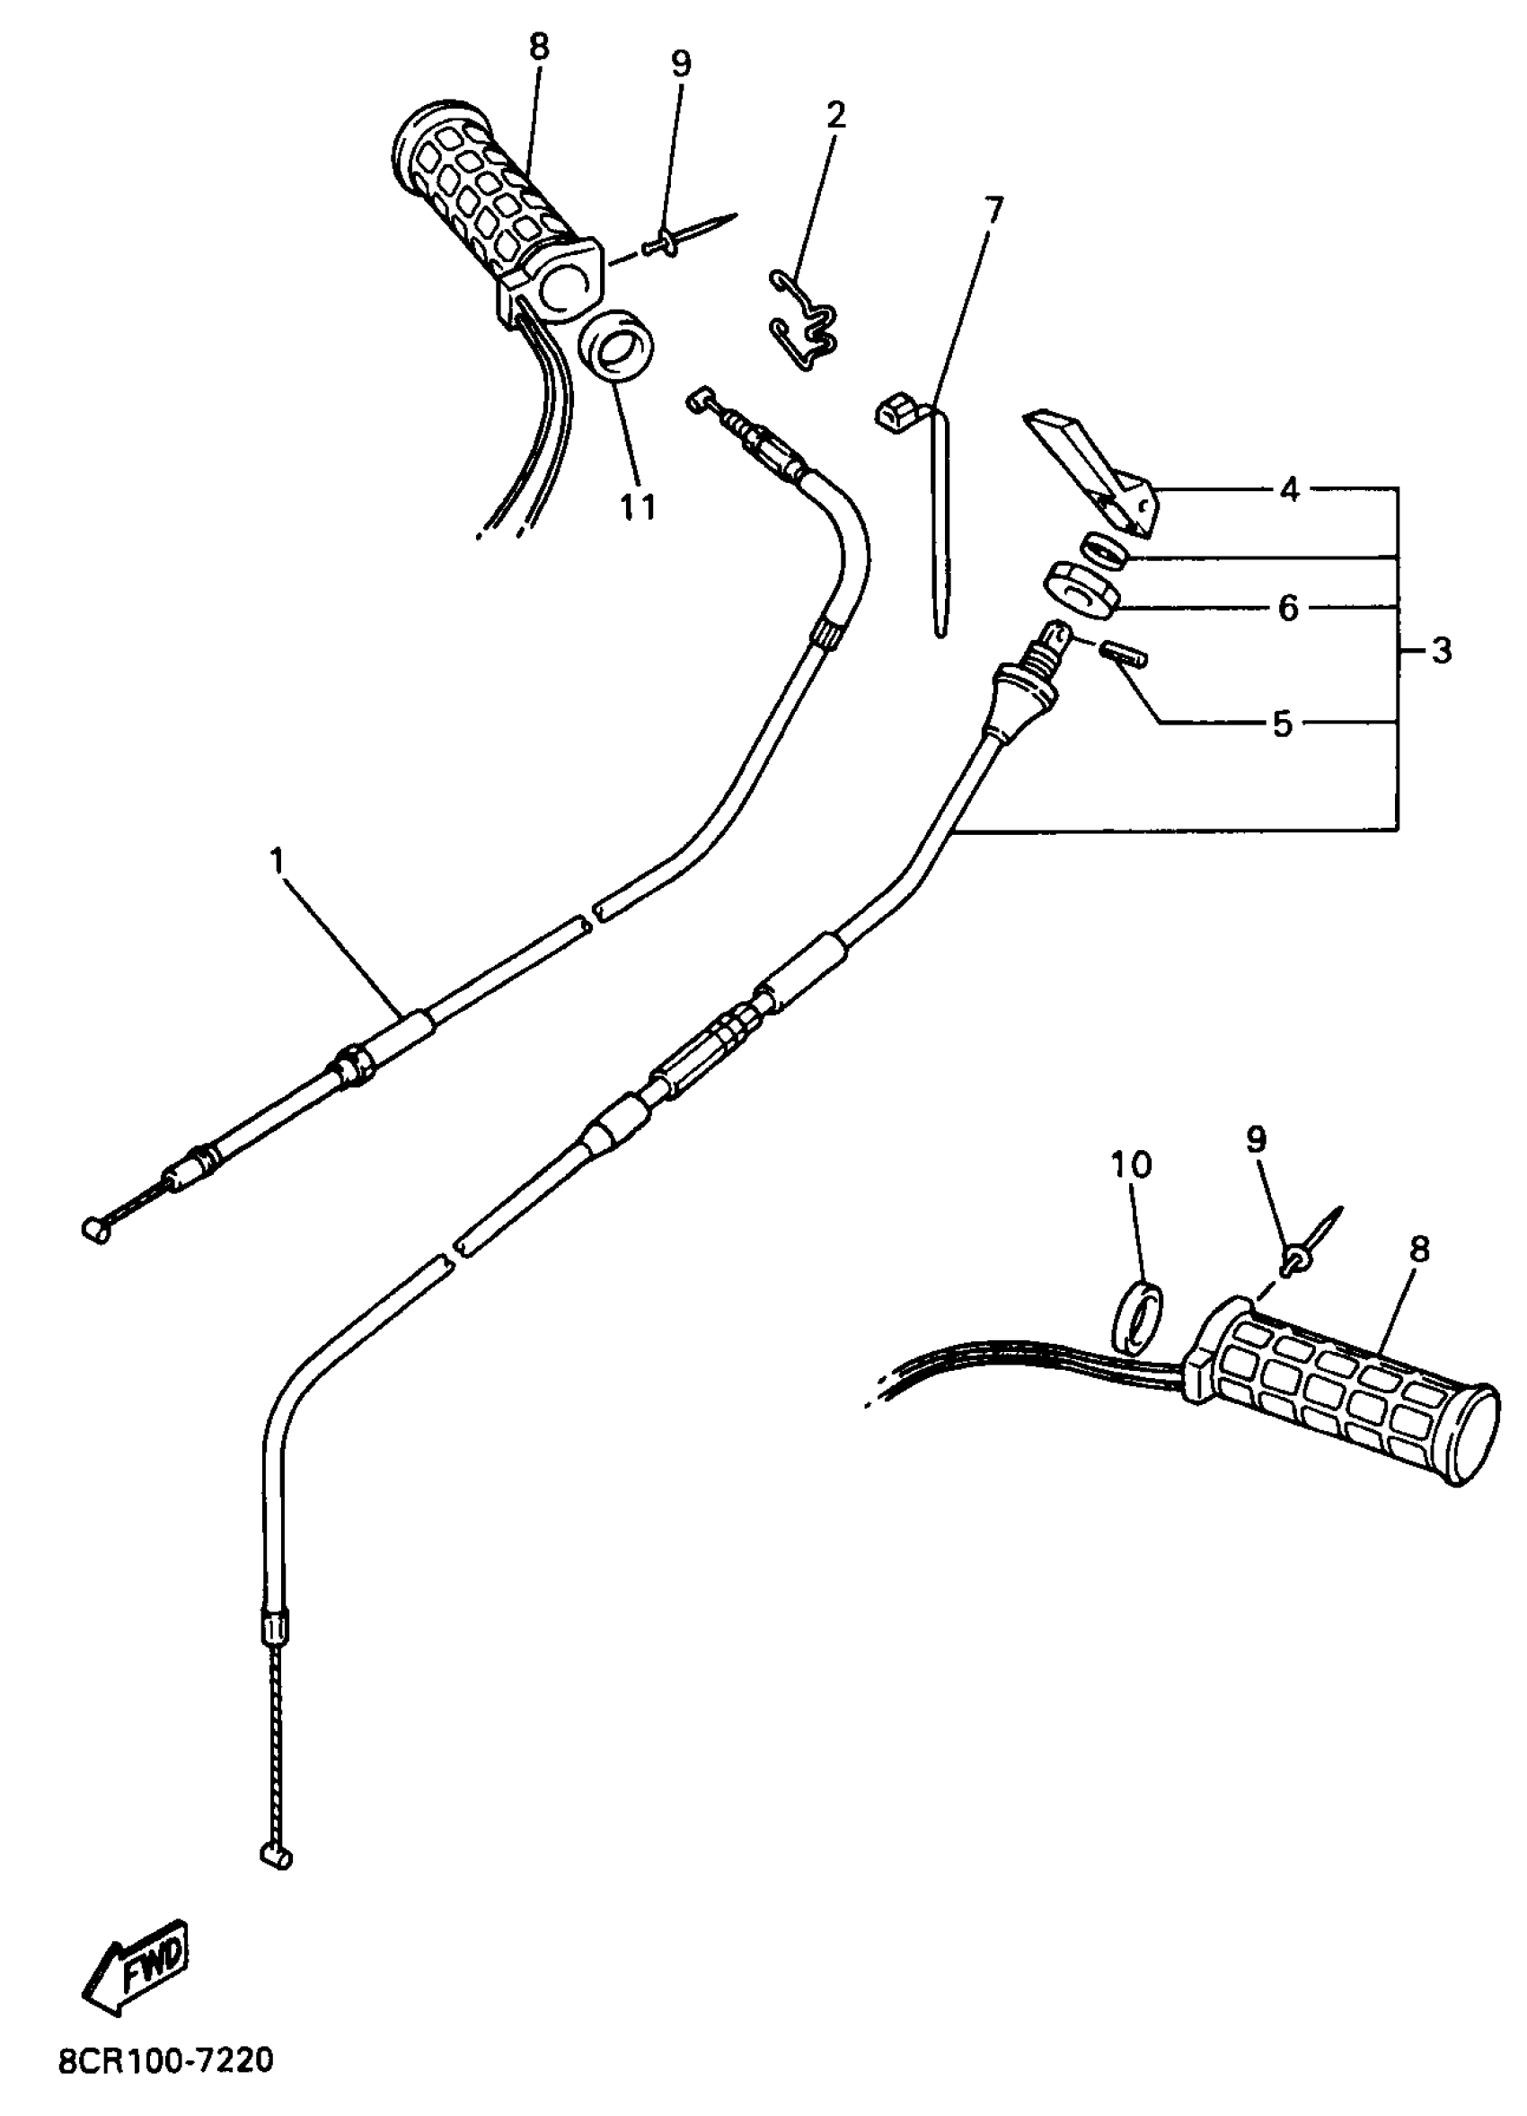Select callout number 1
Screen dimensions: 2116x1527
pyautogui.click(x=277, y=861)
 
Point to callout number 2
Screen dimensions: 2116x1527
pyautogui.click(x=834, y=115)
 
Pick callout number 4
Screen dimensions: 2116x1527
pyautogui.click(x=1289, y=489)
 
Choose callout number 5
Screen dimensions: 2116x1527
pyautogui.click(x=1283, y=723)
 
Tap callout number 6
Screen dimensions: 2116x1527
pyautogui.click(x=1288, y=609)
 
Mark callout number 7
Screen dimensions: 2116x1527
pyautogui.click(x=994, y=211)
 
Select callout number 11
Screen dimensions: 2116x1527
pyautogui.click(x=639, y=506)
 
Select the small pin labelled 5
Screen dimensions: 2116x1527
pyautogui.click(x=1125, y=652)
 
